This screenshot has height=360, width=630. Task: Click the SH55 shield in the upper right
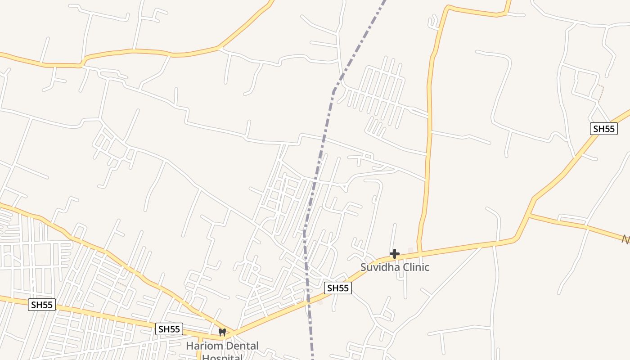[x=603, y=129]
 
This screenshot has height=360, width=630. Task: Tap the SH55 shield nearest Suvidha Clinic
[x=337, y=288]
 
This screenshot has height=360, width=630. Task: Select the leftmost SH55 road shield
[x=42, y=305]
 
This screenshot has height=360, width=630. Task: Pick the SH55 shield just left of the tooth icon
[x=169, y=329]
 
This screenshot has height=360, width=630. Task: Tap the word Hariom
[x=202, y=346]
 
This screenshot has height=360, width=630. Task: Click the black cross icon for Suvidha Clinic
[x=395, y=254]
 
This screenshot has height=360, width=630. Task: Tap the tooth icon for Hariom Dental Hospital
[x=222, y=333]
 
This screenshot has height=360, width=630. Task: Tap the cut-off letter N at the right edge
[x=626, y=239]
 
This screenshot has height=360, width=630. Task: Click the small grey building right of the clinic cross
[x=410, y=250]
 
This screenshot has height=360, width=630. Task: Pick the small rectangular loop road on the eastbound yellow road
[x=571, y=220]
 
